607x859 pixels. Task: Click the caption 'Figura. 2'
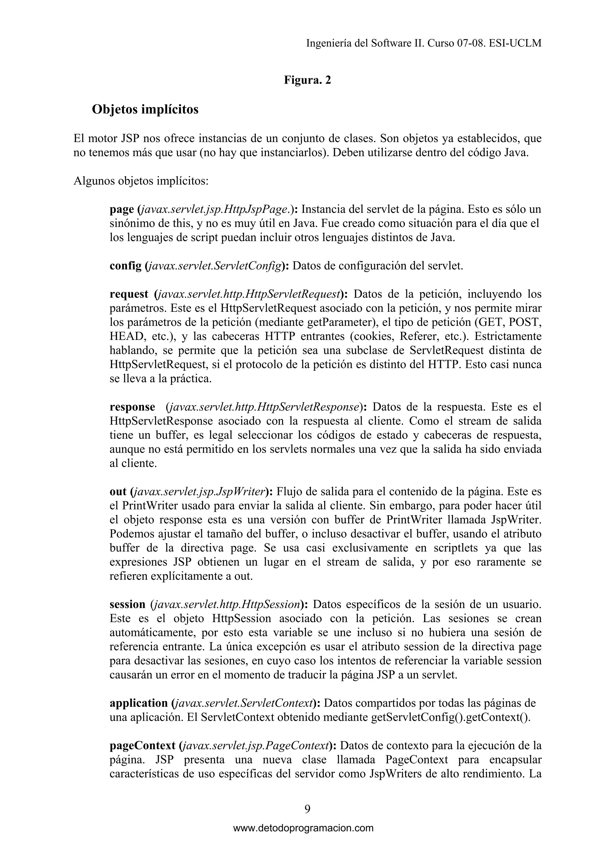coord(307,80)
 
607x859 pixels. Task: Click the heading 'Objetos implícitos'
coord(145,110)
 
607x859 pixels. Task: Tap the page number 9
coord(307,809)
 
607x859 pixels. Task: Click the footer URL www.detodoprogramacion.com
coord(303,828)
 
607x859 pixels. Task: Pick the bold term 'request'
coord(129,294)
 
